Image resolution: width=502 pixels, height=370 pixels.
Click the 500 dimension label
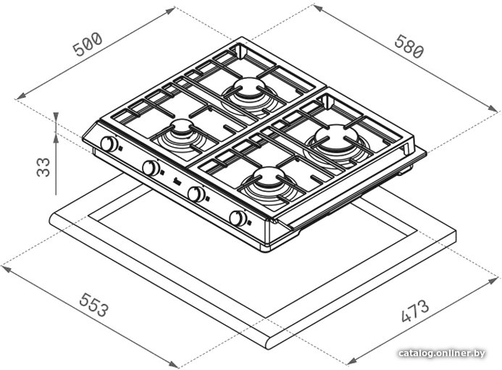[x=88, y=44]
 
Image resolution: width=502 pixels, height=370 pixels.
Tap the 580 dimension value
[x=409, y=47]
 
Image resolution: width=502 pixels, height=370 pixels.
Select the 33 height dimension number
[x=43, y=167]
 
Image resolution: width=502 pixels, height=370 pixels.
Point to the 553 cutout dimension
[x=94, y=305]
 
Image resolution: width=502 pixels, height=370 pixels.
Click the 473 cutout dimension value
[x=415, y=311]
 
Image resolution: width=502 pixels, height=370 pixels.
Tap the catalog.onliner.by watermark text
[x=442, y=353]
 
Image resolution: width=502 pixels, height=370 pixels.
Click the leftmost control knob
[x=109, y=143]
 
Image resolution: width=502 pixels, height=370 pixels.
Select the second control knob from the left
[x=151, y=168]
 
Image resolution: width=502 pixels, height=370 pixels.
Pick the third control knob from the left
[x=196, y=194]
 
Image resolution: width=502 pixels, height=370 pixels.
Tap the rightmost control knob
[x=238, y=218]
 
